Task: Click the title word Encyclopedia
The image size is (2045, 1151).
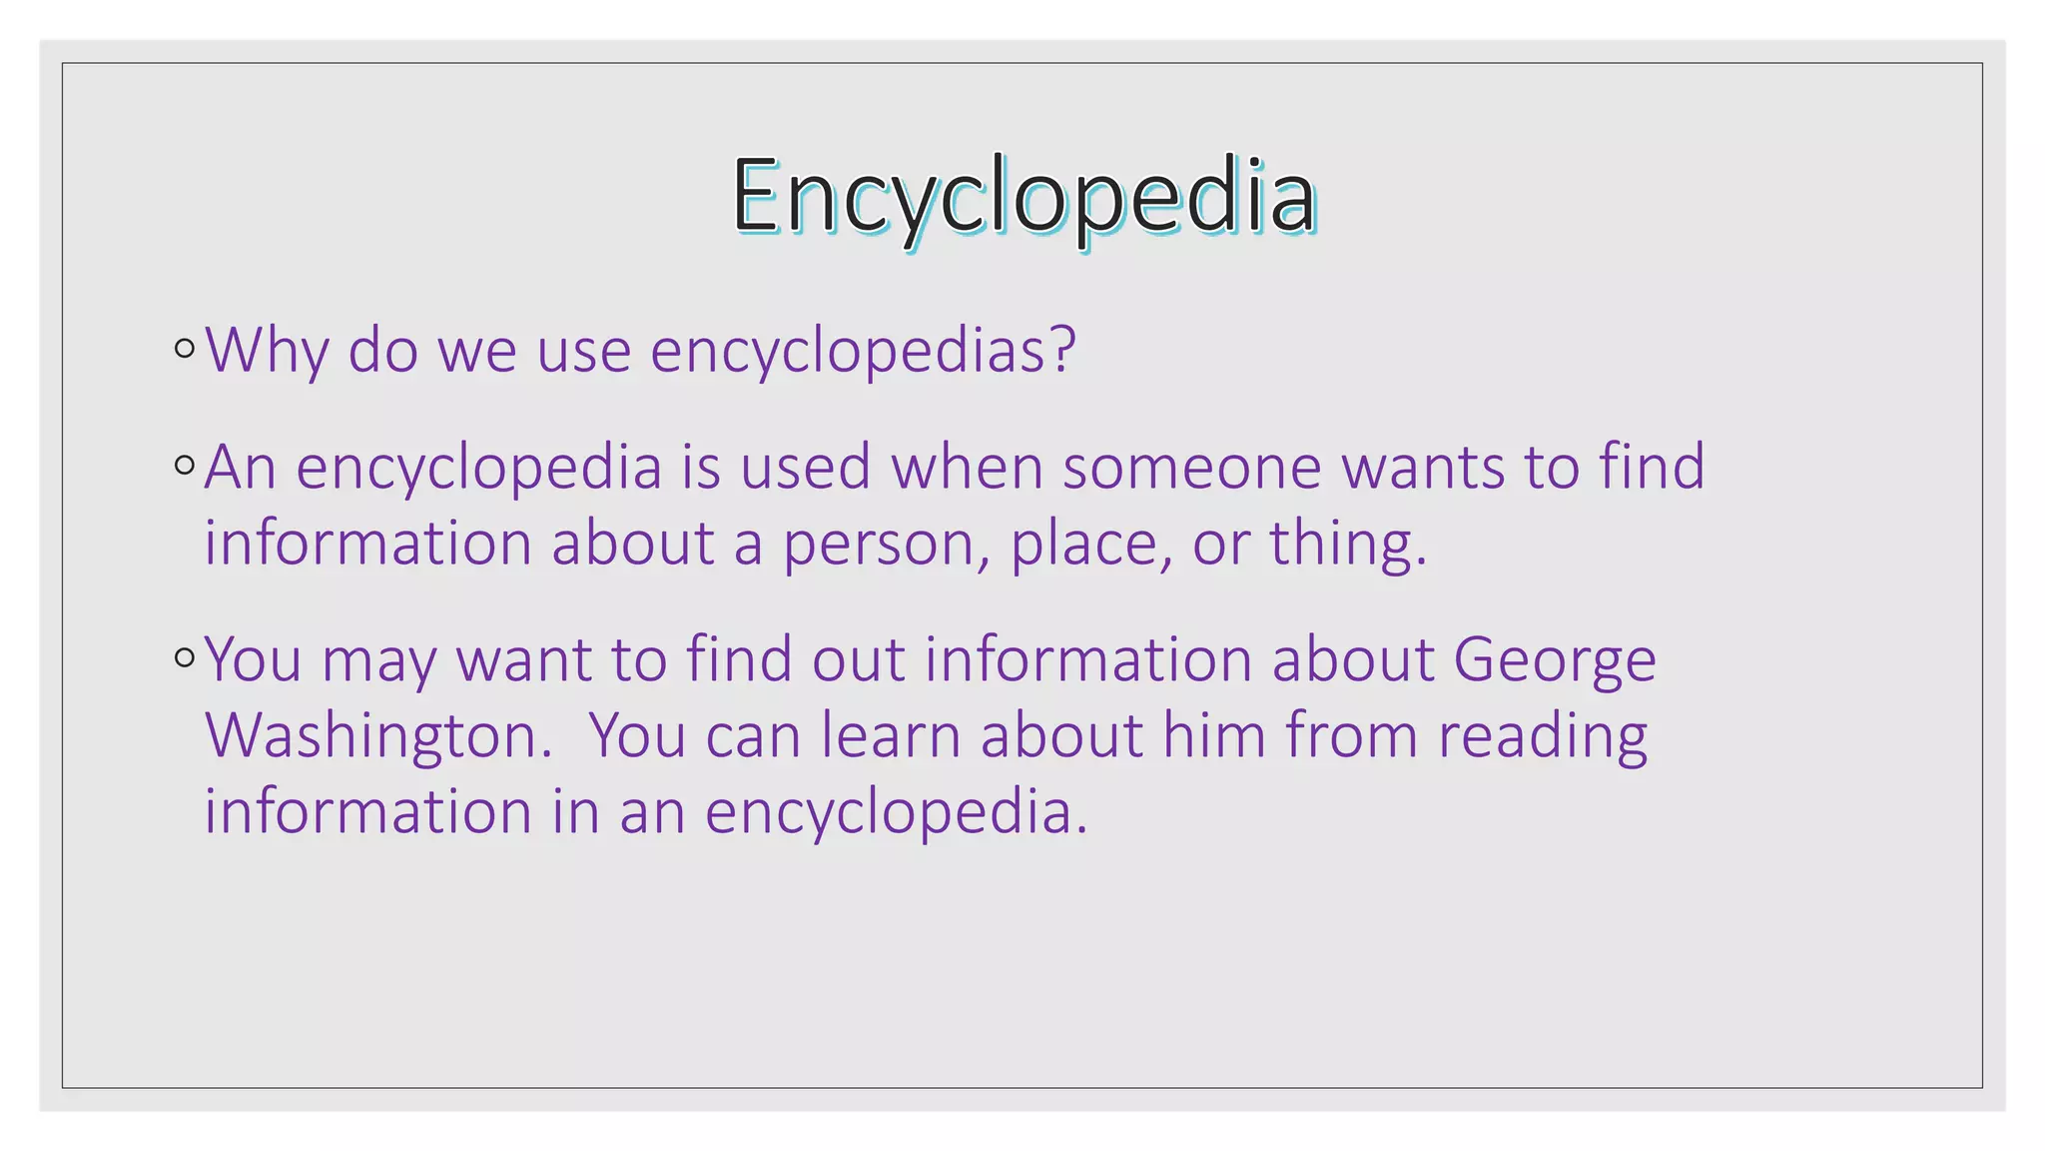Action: click(x=1023, y=197)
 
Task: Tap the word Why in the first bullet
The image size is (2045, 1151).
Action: click(x=267, y=351)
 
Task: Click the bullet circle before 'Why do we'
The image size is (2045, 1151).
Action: click(x=185, y=349)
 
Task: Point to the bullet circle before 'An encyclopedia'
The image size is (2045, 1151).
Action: click(x=185, y=465)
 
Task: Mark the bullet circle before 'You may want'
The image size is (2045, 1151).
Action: click(x=185, y=657)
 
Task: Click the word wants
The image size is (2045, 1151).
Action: click(x=1423, y=467)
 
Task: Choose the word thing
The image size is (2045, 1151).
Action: click(x=1347, y=546)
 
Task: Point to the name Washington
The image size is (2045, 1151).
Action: click(x=378, y=737)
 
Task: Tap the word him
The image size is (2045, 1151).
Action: click(x=1213, y=735)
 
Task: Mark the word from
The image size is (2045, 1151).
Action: click(x=1351, y=735)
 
